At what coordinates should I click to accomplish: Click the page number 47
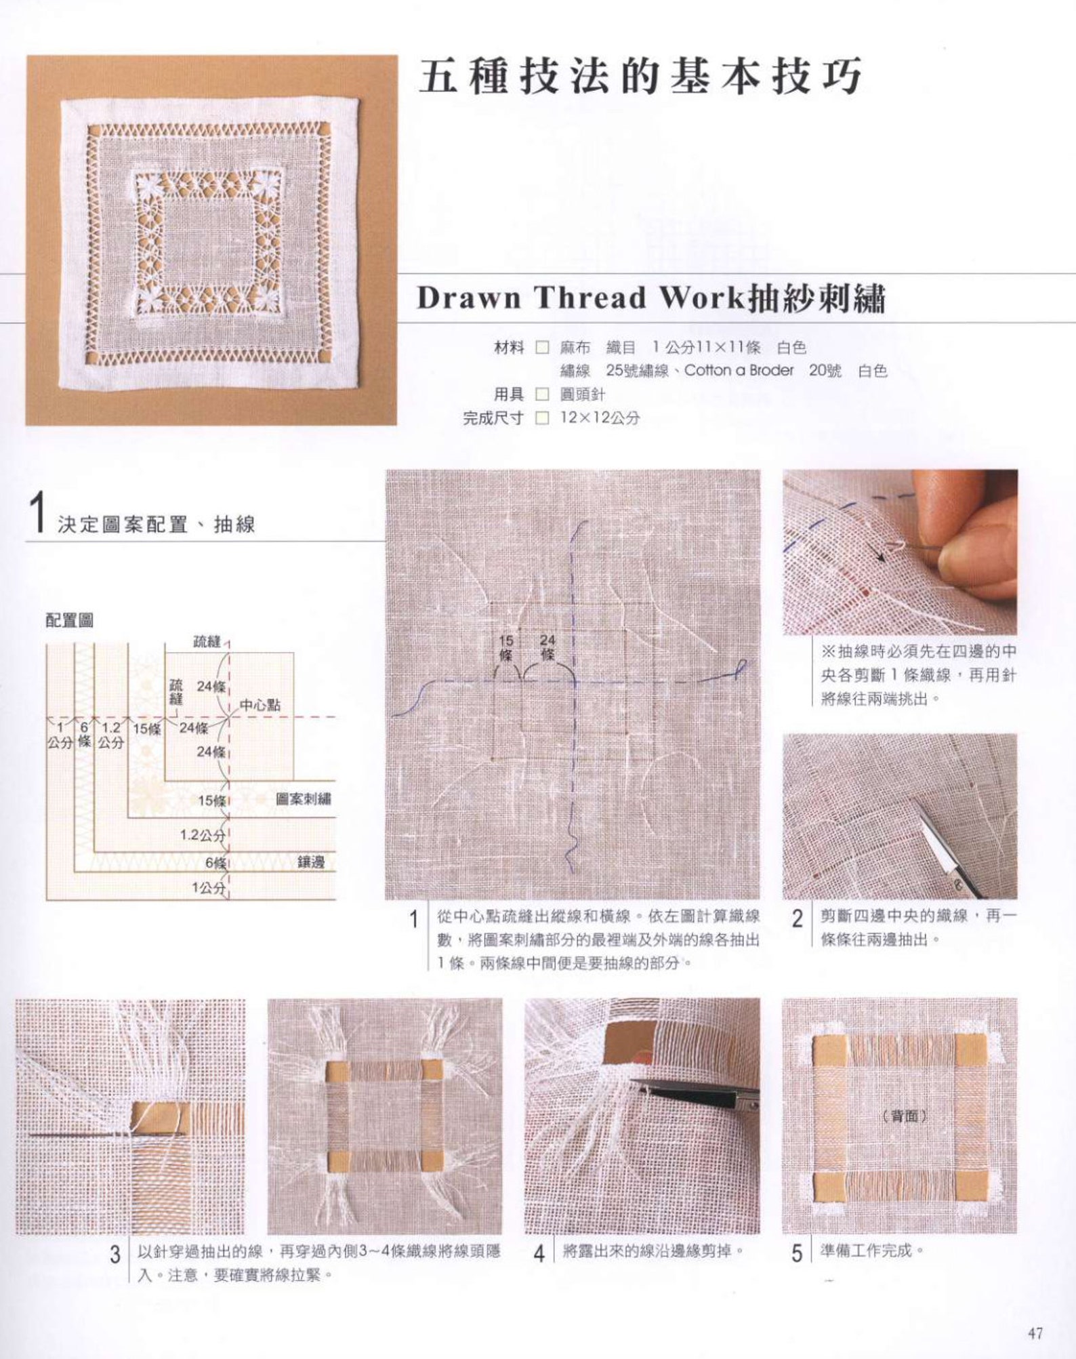coord(1035,1334)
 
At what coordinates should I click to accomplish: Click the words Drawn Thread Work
coord(579,298)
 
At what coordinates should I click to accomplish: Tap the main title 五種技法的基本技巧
coord(640,77)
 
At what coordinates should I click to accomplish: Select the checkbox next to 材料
coord(541,348)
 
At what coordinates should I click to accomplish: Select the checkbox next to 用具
coord(541,394)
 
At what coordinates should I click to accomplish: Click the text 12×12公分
coord(600,418)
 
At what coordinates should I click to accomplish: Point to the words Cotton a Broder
coord(739,371)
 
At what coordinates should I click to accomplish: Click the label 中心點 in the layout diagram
coord(260,706)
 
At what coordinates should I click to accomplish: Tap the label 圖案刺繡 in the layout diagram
coord(304,799)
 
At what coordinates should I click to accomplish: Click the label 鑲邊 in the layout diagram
coord(311,862)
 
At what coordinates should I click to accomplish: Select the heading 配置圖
coord(69,620)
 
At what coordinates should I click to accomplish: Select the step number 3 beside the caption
coord(115,1255)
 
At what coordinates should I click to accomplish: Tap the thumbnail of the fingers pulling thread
coord(900,552)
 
